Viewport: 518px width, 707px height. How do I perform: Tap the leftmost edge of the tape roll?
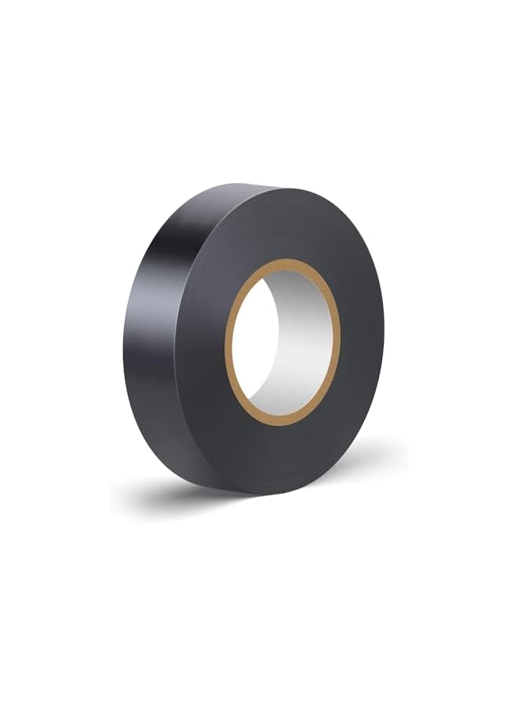(123, 353)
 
